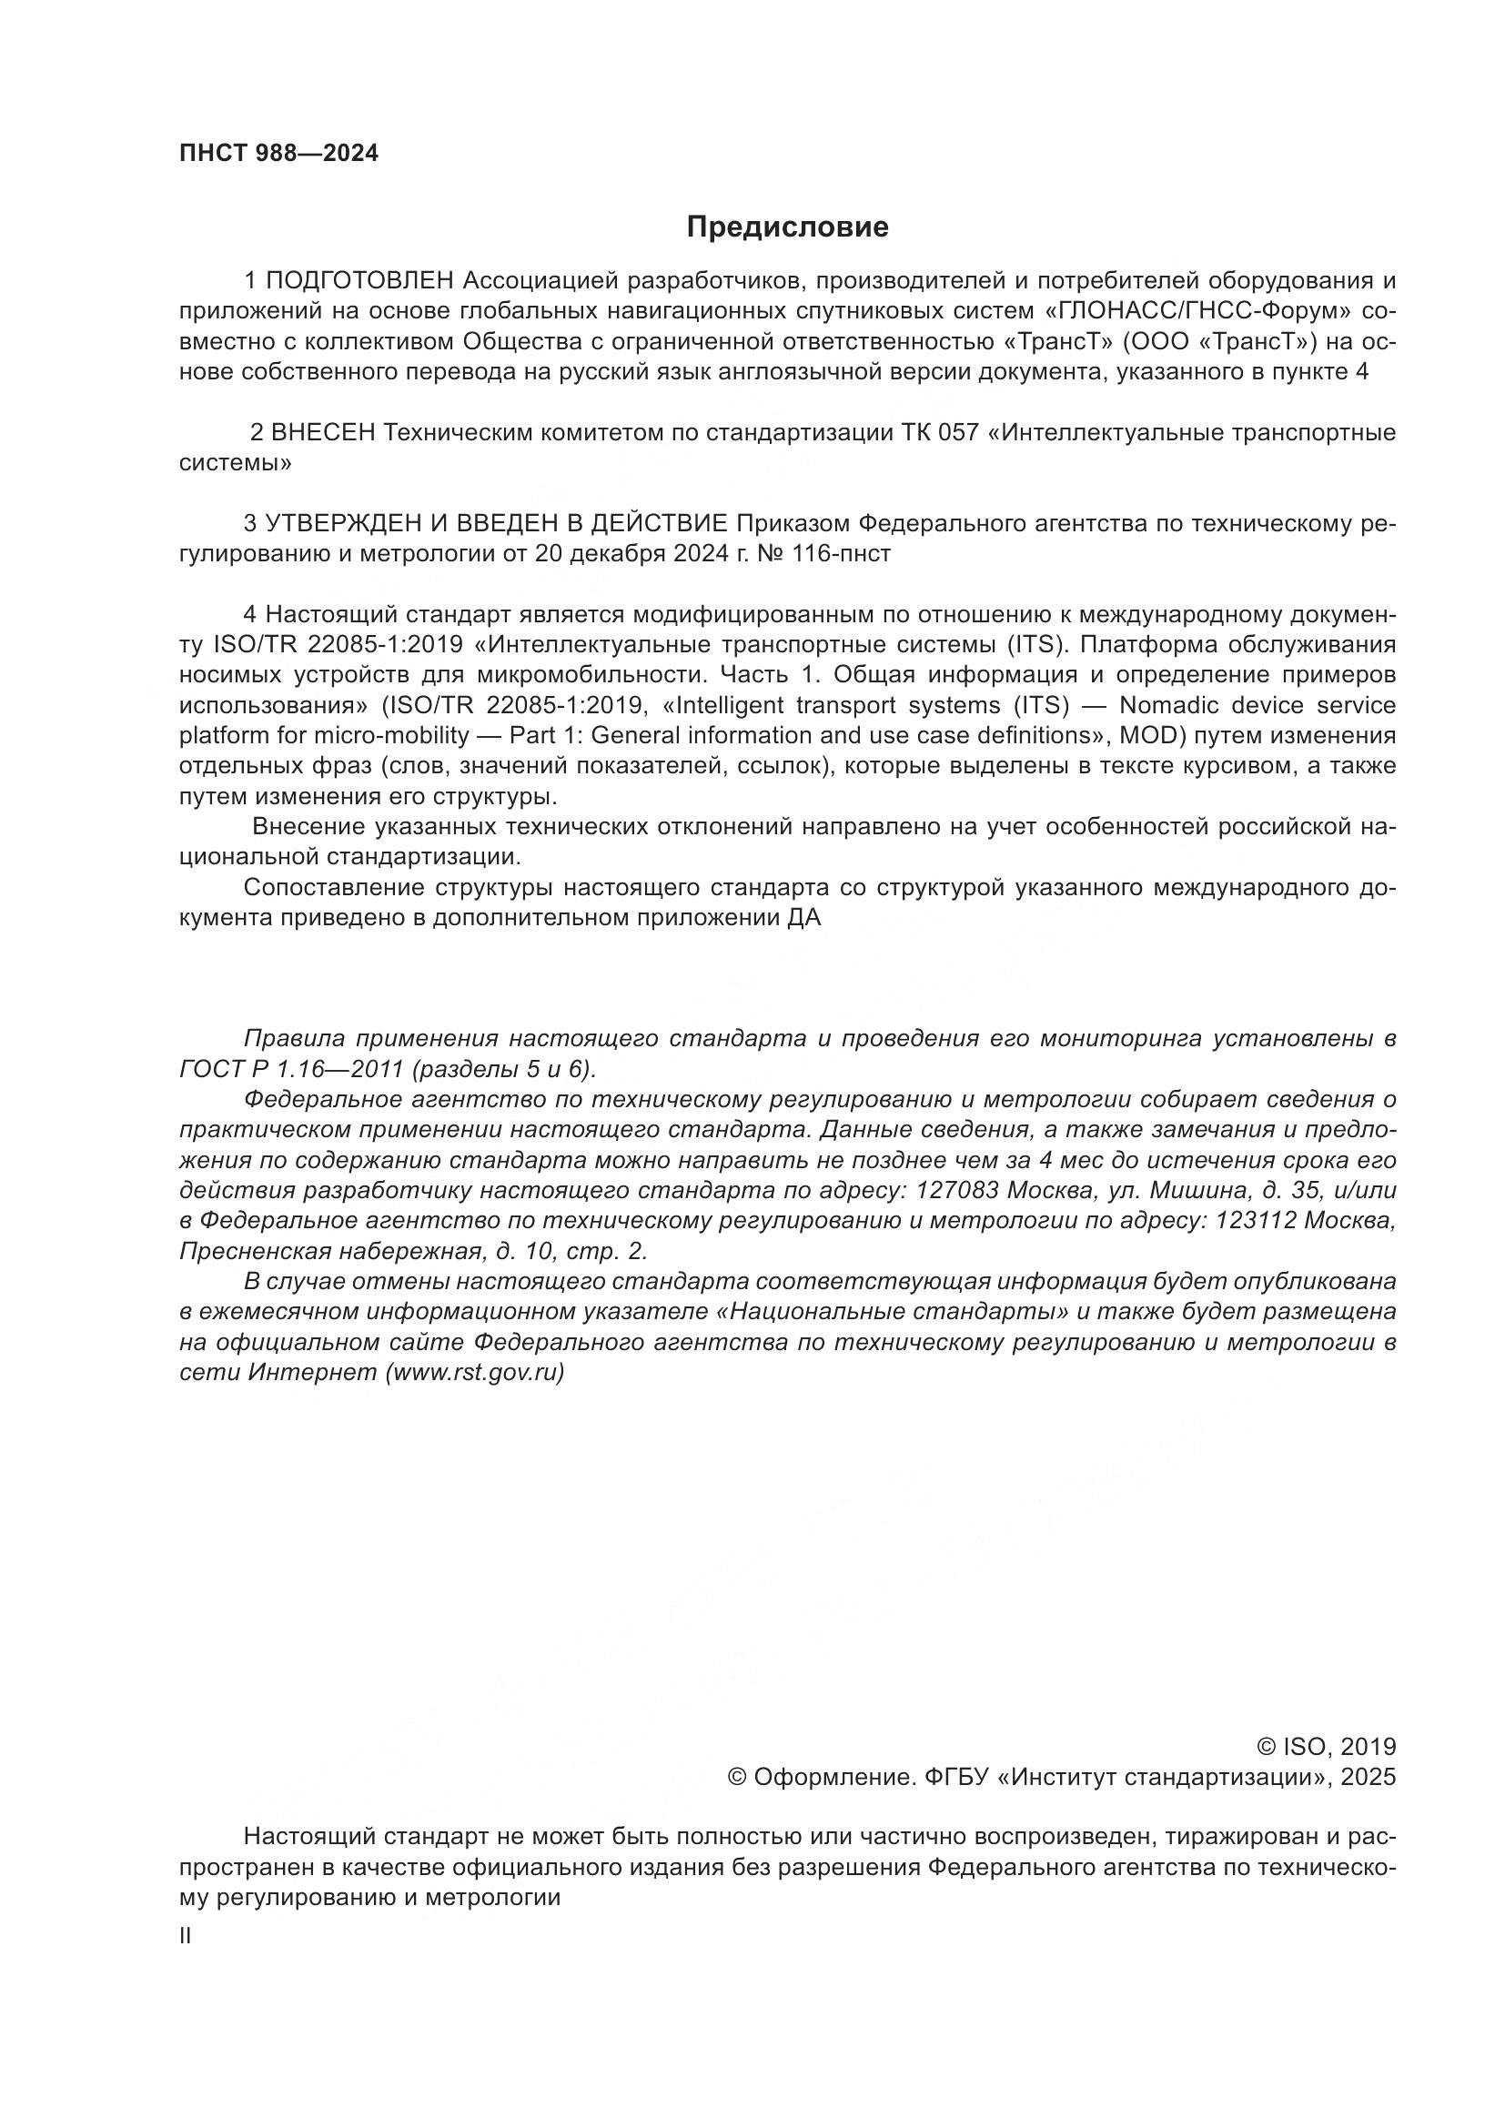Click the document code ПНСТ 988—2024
279,154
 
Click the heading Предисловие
787,227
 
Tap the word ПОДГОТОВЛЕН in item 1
360,280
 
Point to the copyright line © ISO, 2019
1325,1747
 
